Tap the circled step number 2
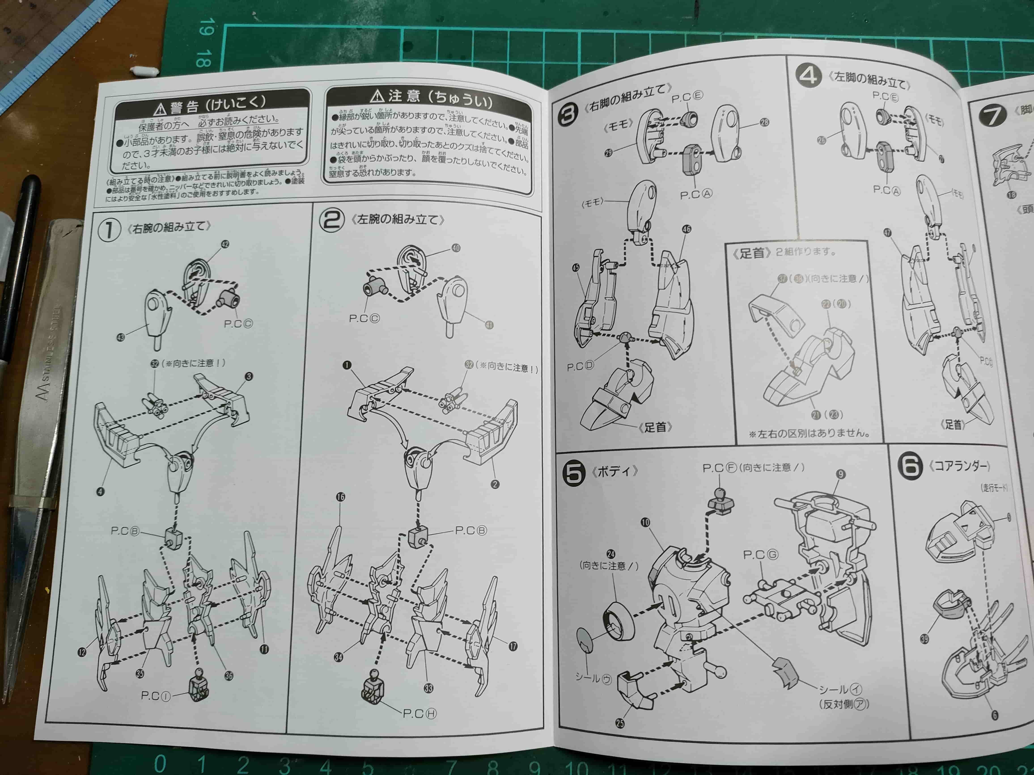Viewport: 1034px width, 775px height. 331,219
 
